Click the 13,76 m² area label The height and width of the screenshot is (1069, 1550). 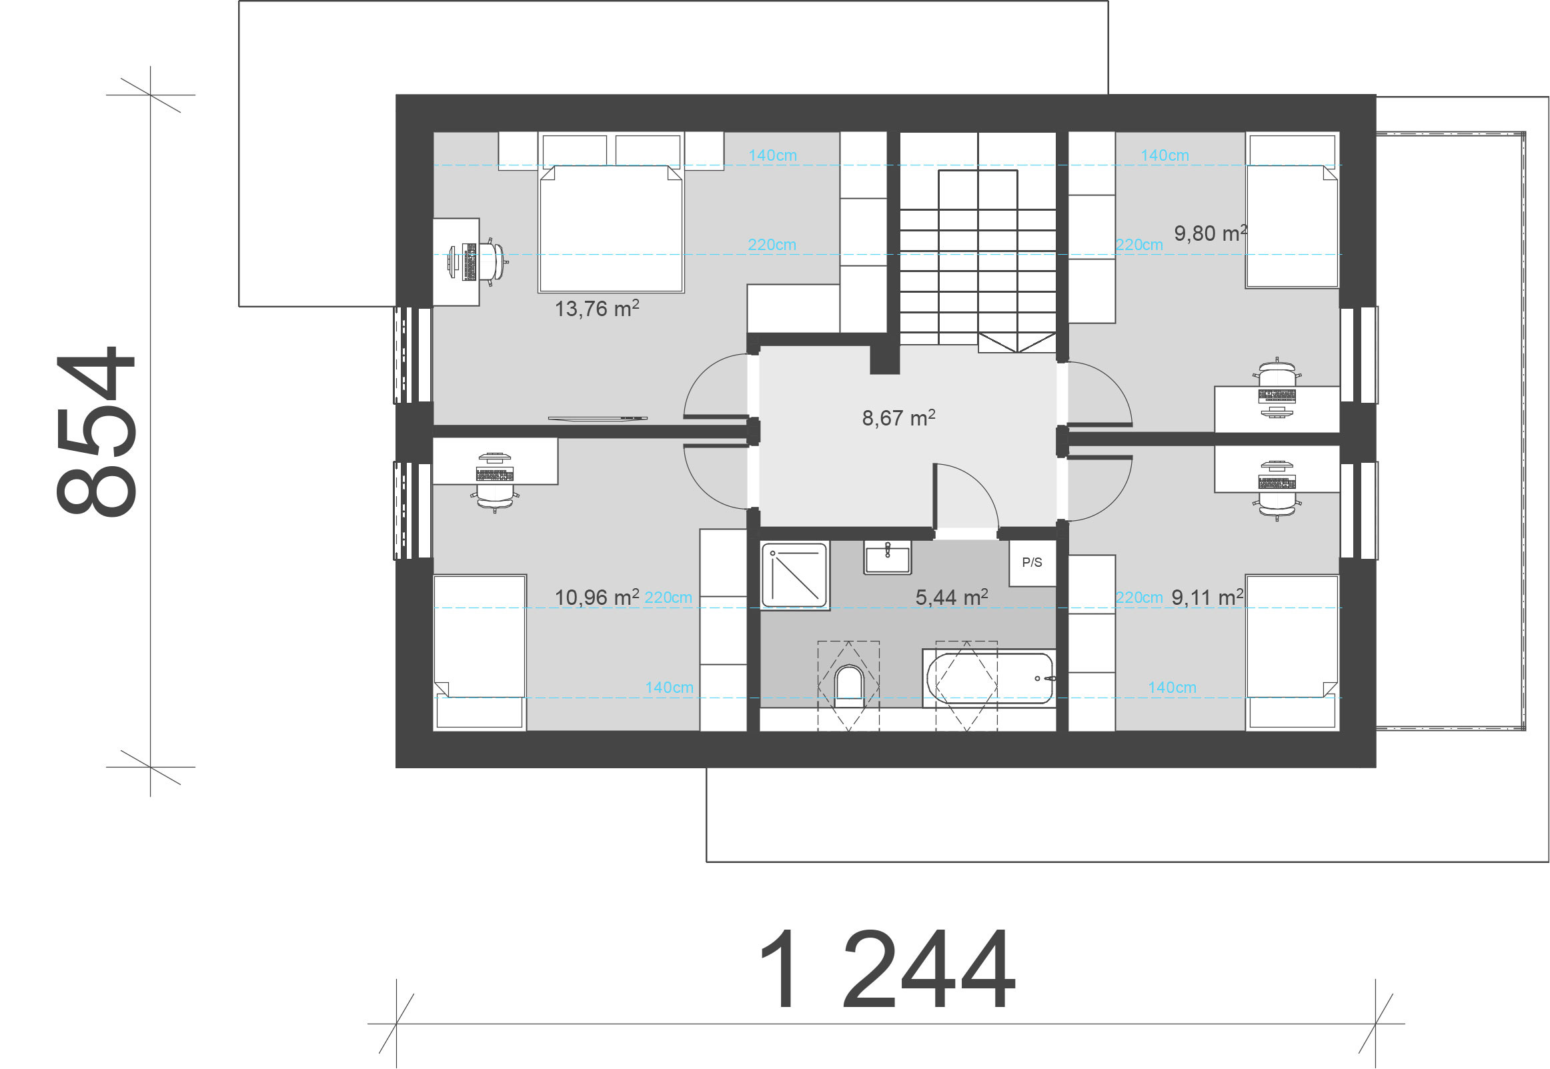tap(597, 308)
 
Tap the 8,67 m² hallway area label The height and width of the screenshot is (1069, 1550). tap(898, 417)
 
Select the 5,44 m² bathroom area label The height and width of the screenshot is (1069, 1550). tap(951, 596)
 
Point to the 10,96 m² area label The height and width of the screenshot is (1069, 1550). tap(597, 596)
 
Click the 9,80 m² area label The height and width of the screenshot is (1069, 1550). tap(1211, 233)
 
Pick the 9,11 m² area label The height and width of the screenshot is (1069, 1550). tap(1207, 596)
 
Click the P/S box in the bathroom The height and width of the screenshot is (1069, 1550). tap(1032, 563)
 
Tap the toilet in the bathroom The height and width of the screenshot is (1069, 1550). tap(848, 684)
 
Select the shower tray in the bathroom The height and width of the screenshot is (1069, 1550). tap(795, 576)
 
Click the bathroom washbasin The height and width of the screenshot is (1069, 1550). tap(888, 558)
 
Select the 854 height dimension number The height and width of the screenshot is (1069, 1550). tap(96, 431)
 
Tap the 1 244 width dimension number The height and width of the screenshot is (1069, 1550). tap(887, 968)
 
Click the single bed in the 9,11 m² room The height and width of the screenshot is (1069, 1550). tap(1292, 652)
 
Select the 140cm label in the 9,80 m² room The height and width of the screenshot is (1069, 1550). tap(1165, 155)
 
